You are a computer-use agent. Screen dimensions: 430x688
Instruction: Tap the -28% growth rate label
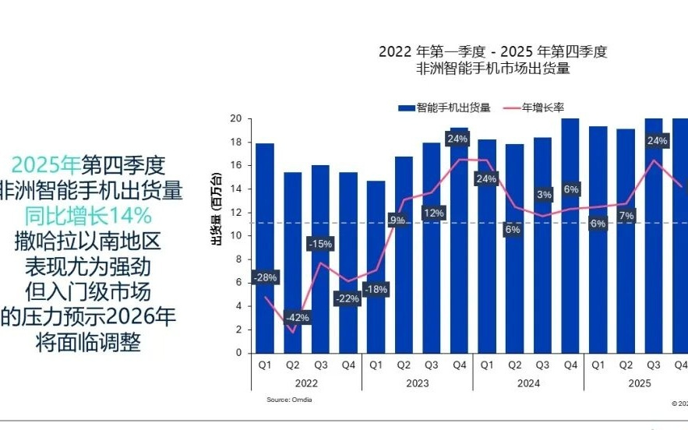(x=264, y=277)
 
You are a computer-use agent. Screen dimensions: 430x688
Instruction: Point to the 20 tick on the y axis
(x=236, y=118)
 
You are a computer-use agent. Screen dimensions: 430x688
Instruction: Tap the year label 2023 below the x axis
(x=417, y=383)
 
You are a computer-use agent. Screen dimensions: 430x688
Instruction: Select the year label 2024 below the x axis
(x=528, y=383)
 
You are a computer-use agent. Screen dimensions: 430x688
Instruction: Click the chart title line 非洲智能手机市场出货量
(x=493, y=69)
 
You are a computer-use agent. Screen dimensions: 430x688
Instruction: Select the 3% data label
(x=544, y=194)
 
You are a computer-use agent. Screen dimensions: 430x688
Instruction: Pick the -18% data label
(x=376, y=289)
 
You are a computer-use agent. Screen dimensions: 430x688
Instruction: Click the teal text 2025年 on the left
(x=46, y=164)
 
